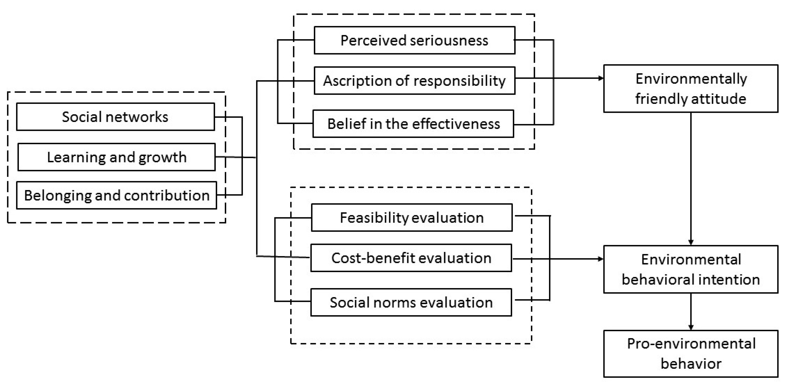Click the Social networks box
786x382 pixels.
115,117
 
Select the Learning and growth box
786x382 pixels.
116,157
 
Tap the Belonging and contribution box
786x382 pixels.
117,195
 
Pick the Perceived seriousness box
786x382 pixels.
414,40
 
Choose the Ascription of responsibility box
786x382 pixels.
414,81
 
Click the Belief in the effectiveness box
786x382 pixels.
413,124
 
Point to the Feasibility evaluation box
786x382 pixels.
412,218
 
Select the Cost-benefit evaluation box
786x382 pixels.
411,258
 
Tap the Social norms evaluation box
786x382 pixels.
411,302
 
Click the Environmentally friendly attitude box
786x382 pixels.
691,88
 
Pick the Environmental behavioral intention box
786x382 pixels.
691,269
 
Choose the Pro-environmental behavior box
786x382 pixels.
691,354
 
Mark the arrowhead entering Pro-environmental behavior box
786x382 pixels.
691,327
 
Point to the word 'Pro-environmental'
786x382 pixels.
691,344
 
